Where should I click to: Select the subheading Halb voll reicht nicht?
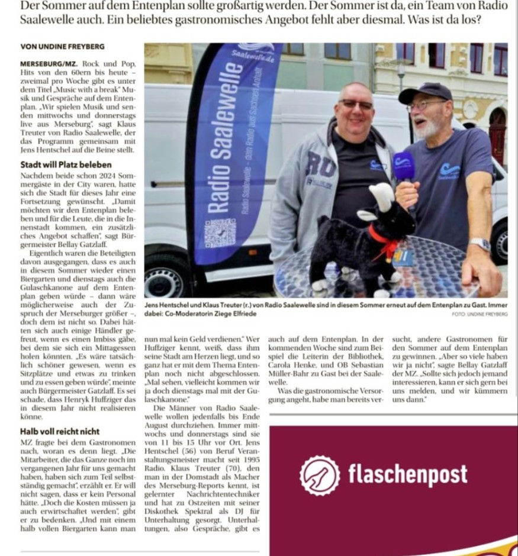pos(60,431)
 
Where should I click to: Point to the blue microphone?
pos(404,166)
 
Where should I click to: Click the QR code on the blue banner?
pos(220,232)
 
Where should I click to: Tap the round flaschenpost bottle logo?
pos(320,475)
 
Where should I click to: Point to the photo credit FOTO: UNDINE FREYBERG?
pos(480,314)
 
